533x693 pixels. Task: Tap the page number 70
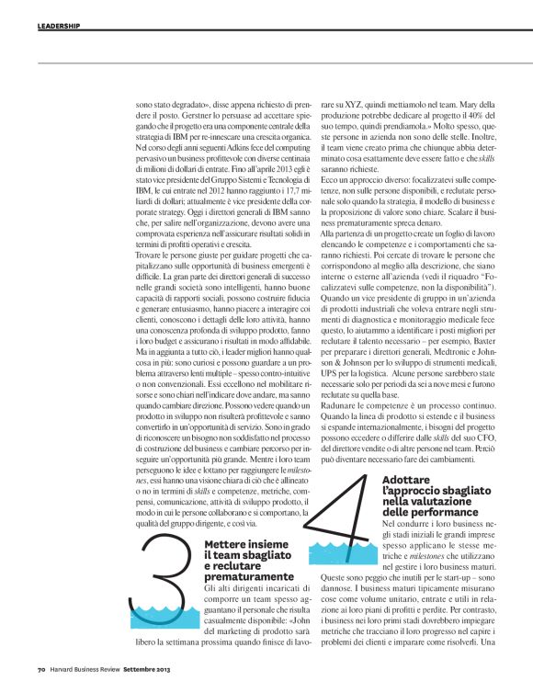pyautogui.click(x=41, y=670)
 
